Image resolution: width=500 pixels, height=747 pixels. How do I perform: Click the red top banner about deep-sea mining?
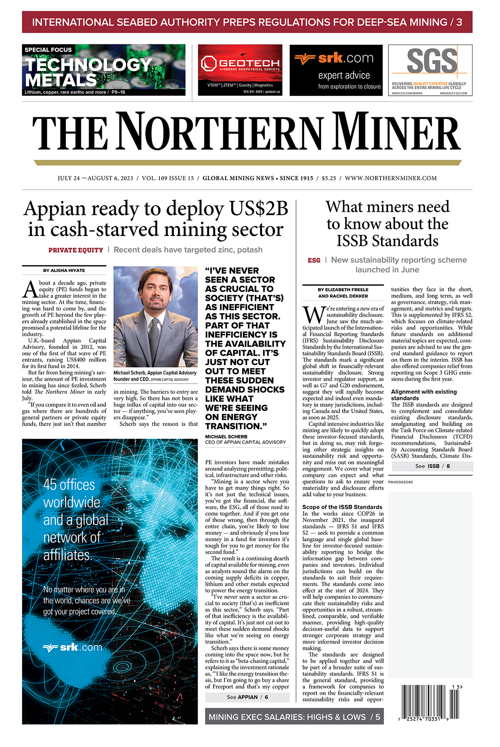(x=247, y=22)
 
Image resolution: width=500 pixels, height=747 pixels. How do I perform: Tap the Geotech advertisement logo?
(x=240, y=64)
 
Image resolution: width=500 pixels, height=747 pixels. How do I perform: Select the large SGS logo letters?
(x=432, y=61)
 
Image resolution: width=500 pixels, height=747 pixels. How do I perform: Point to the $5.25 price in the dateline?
(x=329, y=178)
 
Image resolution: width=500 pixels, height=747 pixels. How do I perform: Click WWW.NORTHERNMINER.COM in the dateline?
(x=391, y=178)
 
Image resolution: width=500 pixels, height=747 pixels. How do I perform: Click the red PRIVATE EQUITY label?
(x=76, y=250)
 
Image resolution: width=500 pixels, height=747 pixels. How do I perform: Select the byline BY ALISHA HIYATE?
(x=64, y=270)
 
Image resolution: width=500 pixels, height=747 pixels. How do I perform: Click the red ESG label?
(x=314, y=260)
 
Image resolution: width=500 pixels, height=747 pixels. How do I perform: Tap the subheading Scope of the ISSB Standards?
(x=342, y=507)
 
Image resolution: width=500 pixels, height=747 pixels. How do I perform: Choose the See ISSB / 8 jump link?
(x=432, y=466)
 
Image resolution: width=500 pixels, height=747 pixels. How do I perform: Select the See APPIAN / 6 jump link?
(x=247, y=697)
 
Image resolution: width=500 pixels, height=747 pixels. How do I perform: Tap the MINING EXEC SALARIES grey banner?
(x=294, y=717)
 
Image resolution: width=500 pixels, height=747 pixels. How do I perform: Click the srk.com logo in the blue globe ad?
(x=72, y=647)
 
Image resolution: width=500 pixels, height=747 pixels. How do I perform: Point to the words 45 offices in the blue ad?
(x=69, y=485)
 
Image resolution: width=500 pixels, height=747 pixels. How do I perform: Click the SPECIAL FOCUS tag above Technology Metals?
(x=48, y=50)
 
